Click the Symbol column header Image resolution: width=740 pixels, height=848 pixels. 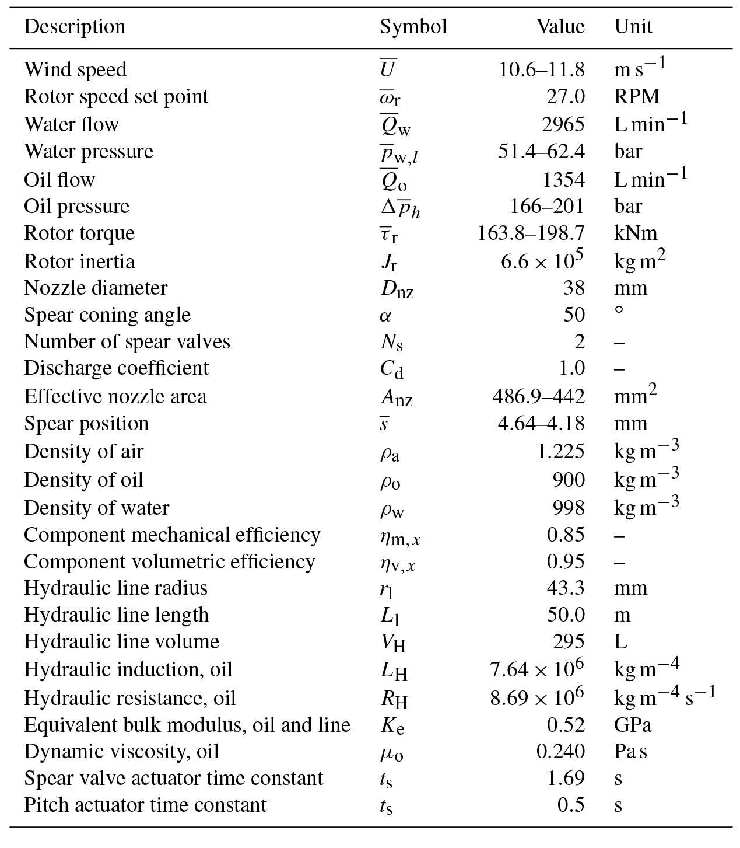tap(413, 27)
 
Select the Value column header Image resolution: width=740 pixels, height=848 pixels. tap(560, 27)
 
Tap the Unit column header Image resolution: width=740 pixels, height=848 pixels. tap(633, 27)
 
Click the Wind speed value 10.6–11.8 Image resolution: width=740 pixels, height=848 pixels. tap(542, 70)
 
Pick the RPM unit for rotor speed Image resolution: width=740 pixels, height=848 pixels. tap(637, 96)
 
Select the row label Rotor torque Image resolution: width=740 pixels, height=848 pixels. tap(79, 233)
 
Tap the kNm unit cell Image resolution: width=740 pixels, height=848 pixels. tap(636, 233)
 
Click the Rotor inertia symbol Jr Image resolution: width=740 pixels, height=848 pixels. tap(389, 262)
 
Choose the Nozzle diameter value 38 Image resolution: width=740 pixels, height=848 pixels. tap(574, 288)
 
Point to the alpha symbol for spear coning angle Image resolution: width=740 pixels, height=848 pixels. tap(385, 316)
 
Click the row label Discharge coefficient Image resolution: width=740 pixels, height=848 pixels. tap(116, 368)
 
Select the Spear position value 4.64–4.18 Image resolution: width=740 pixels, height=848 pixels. tap(541, 423)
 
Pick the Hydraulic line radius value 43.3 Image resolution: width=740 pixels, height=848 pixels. tap(565, 588)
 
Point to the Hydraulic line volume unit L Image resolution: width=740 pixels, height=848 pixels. tap(620, 641)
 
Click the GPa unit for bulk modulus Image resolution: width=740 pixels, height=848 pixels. tap(633, 725)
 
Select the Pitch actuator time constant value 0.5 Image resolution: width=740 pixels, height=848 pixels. tap(571, 805)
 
